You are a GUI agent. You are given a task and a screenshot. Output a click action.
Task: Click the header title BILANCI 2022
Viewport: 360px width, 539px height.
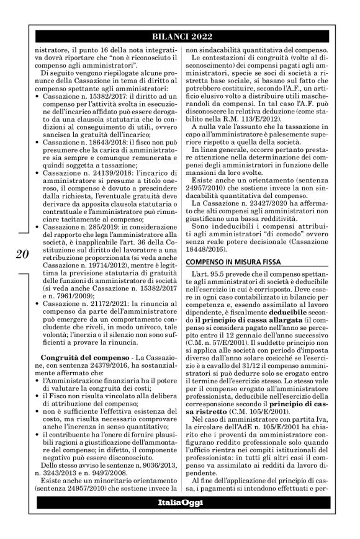point(181,36)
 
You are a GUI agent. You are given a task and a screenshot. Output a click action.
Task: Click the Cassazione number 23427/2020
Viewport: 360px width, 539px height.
point(264,220)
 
